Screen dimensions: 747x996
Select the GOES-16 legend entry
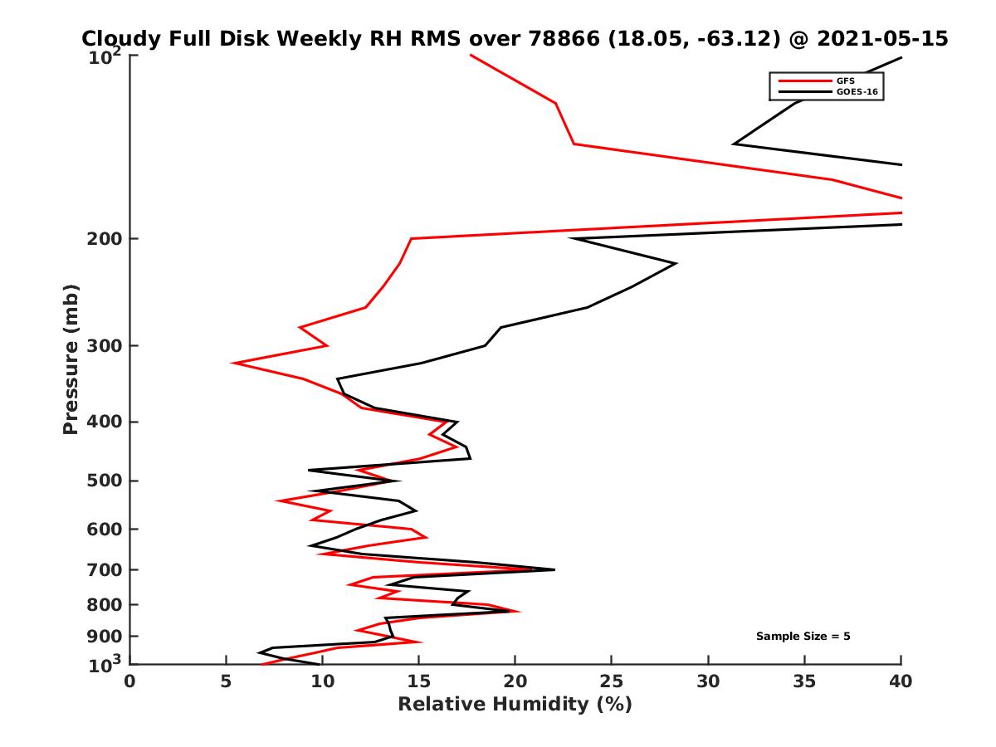(858, 91)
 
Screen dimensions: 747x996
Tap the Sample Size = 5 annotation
(803, 637)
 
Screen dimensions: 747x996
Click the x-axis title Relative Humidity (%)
(515, 705)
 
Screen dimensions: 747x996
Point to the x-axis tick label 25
(612, 681)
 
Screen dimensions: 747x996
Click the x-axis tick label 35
(804, 681)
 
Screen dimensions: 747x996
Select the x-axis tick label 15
(418, 681)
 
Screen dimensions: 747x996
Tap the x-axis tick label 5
(226, 681)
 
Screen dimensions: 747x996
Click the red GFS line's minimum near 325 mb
(234, 364)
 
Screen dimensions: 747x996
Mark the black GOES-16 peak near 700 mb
(554, 569)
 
